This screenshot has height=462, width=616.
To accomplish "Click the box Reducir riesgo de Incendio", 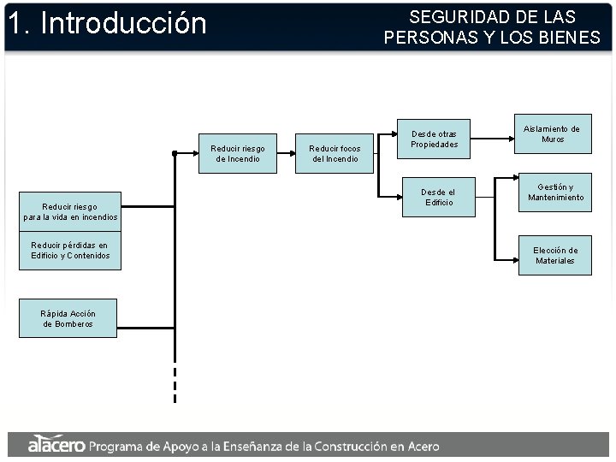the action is click(x=238, y=154).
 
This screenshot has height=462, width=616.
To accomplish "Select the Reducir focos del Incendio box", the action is click(x=335, y=154).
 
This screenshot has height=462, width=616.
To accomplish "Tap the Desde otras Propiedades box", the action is click(x=434, y=139).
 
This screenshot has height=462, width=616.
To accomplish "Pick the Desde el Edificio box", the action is click(x=439, y=198).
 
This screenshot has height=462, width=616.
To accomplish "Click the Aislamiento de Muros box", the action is click(x=552, y=133).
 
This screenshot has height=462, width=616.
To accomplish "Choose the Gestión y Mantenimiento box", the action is click(x=555, y=192).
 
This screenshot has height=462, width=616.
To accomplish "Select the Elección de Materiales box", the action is click(x=554, y=256).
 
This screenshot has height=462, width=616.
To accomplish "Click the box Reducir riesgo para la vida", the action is click(x=70, y=211).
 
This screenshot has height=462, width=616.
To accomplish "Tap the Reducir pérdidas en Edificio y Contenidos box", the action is click(x=70, y=251).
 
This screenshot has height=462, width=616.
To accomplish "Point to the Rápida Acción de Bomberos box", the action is click(x=68, y=318).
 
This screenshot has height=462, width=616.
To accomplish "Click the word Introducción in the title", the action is click(x=123, y=24).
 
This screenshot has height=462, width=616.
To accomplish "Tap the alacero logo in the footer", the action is click(x=56, y=445).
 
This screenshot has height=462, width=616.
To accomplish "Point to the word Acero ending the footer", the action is click(x=419, y=446).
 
